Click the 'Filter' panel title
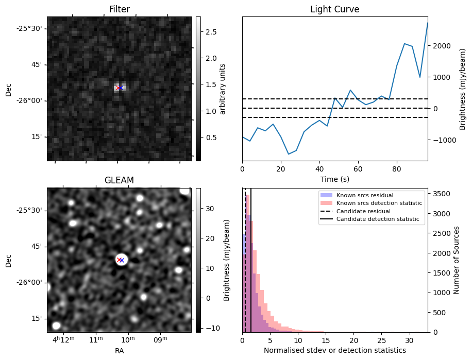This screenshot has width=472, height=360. (119, 9)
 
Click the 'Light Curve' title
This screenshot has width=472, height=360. (334, 9)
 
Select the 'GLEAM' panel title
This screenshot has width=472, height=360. (119, 180)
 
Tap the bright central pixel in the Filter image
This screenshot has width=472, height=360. (120, 88)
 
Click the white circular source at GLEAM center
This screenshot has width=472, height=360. (121, 260)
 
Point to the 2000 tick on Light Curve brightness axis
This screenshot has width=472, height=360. (445, 46)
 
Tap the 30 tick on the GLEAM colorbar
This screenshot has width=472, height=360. (210, 209)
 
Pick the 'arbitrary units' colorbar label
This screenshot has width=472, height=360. (223, 89)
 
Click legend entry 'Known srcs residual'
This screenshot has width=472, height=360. (365, 195)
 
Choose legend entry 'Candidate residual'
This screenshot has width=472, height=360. (363, 212)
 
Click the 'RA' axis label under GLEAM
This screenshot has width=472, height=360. (119, 351)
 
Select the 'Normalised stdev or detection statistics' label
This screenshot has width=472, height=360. (334, 350)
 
